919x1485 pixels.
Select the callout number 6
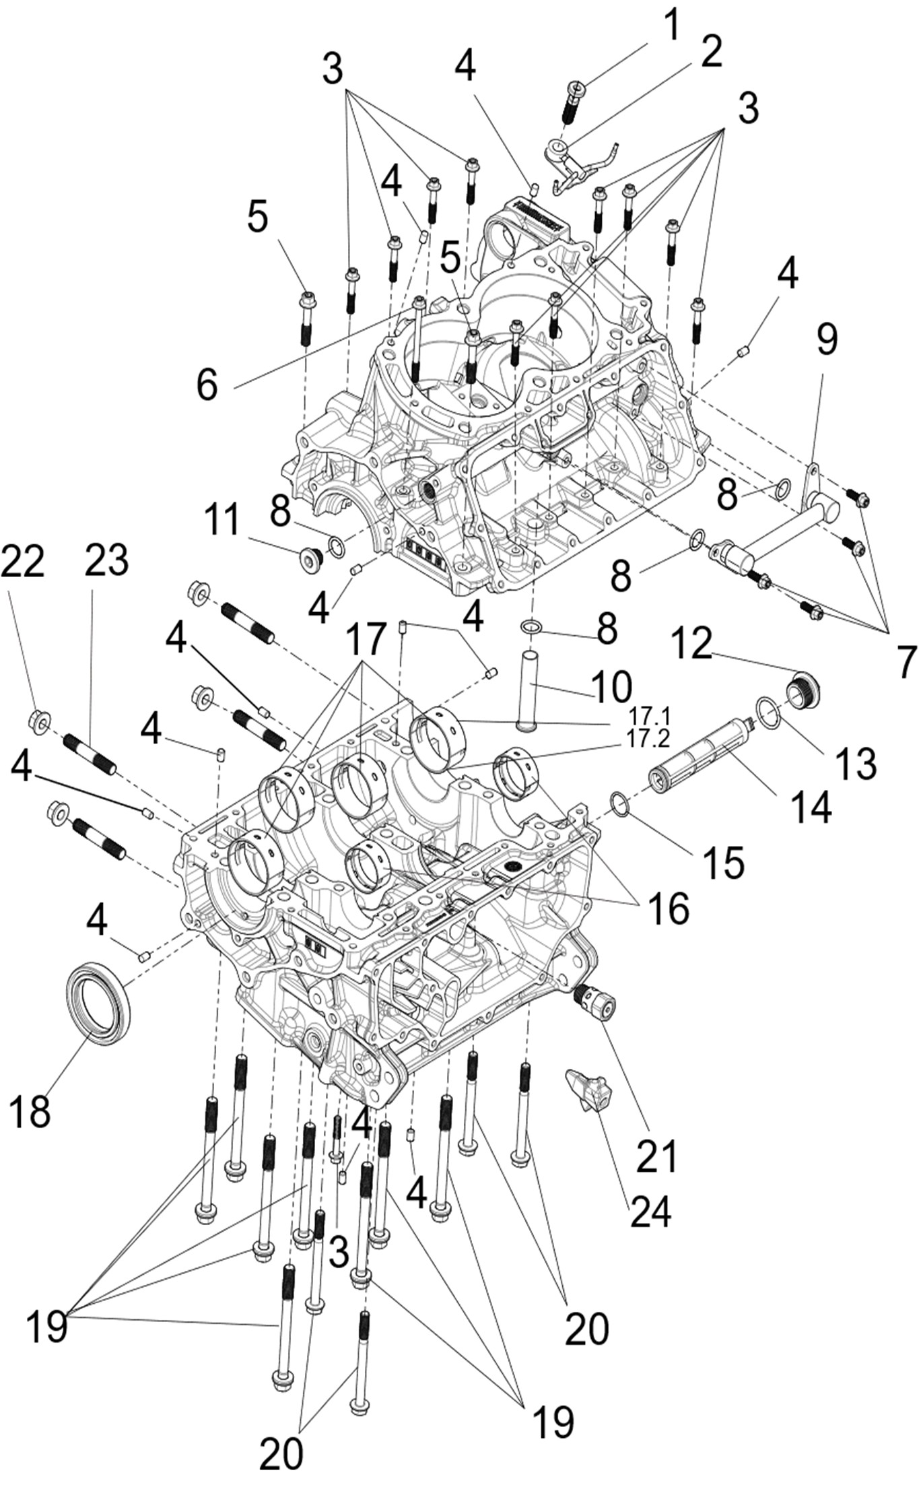[207, 385]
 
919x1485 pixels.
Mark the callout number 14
[811, 805]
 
